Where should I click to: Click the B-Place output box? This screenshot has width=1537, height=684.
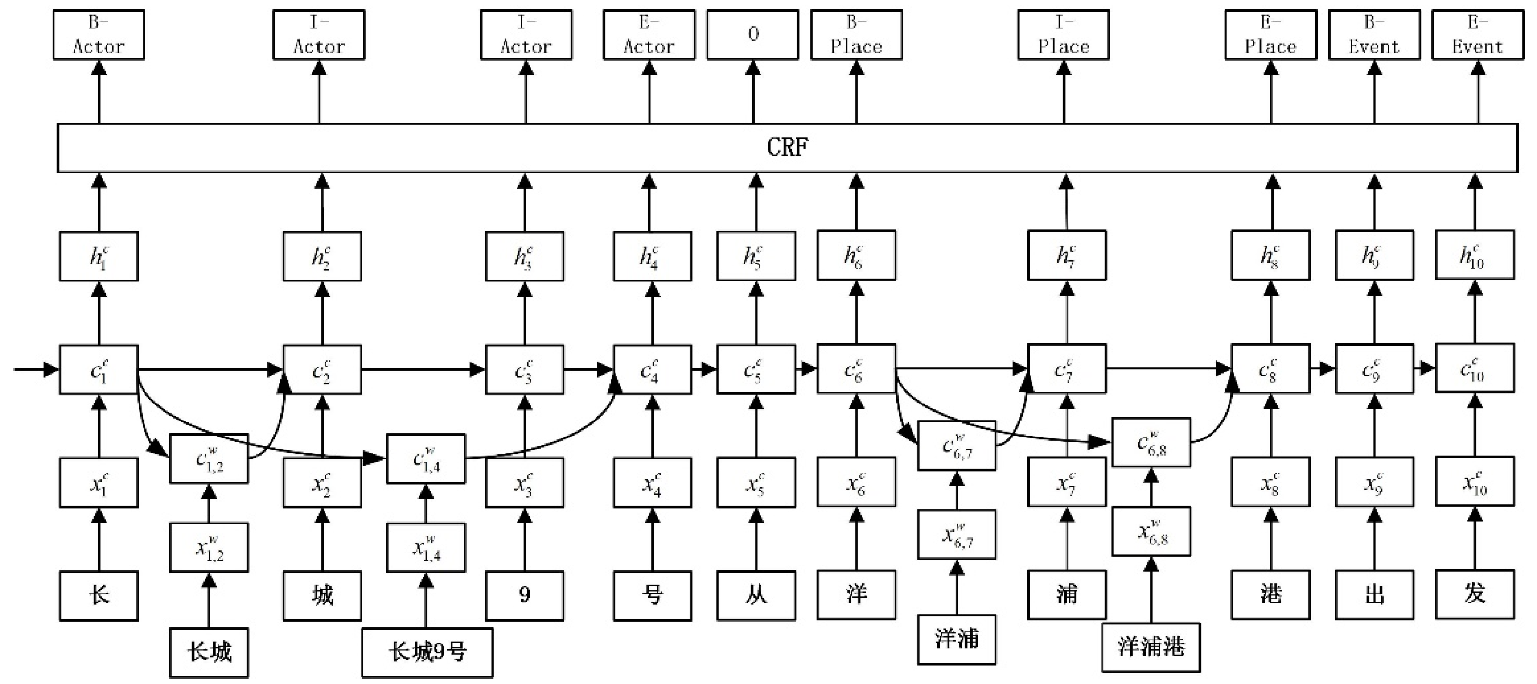click(x=856, y=35)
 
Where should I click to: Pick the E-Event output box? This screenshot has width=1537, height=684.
click(x=1477, y=35)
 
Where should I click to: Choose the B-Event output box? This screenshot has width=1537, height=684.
click(x=1374, y=35)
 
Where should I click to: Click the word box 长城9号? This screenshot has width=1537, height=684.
click(x=427, y=652)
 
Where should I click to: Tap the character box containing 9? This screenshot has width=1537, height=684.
click(x=524, y=595)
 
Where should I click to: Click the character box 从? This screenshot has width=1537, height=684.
click(x=756, y=595)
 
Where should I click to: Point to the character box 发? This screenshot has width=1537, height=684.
click(x=1474, y=594)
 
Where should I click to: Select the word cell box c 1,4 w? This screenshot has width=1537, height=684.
click(x=425, y=458)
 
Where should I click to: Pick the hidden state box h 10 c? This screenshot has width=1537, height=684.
click(x=1474, y=255)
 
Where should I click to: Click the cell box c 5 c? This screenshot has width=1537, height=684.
click(x=756, y=369)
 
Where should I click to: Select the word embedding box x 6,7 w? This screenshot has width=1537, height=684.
click(x=956, y=534)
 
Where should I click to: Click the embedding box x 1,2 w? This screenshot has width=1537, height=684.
click(x=208, y=547)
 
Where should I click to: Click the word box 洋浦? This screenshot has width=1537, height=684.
click(x=956, y=639)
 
